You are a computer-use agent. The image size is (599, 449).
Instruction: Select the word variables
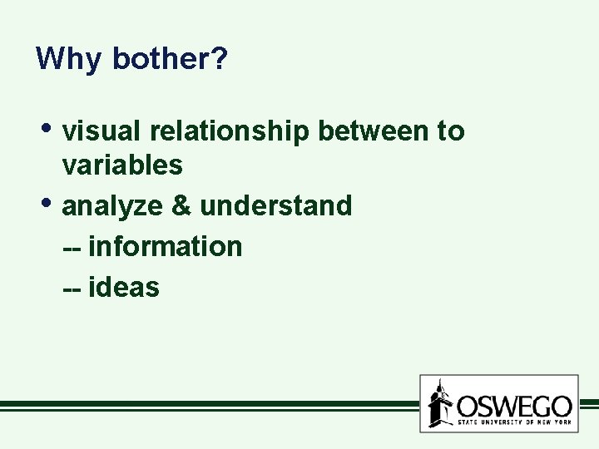[122, 165]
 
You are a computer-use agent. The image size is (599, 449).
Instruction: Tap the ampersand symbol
[182, 205]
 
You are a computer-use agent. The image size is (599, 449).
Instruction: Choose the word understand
[276, 205]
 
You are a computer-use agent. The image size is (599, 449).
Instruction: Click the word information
[165, 246]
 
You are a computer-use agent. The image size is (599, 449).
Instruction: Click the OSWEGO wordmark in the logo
[514, 406]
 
